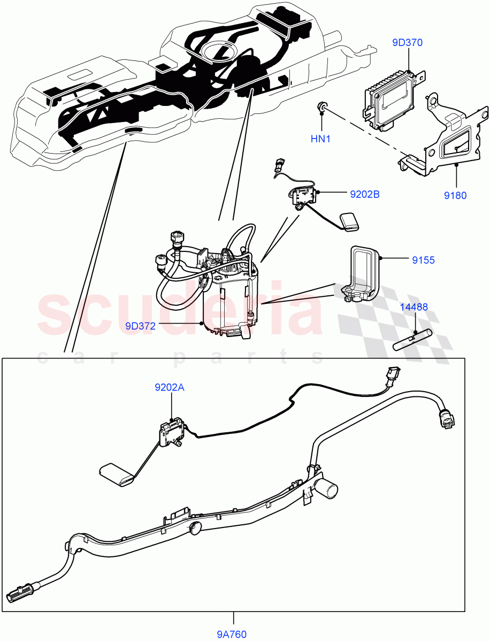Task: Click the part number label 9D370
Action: pyautogui.click(x=407, y=43)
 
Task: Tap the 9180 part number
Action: pyautogui.click(x=456, y=195)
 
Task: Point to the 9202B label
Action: pyautogui.click(x=365, y=195)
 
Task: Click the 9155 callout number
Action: pyautogui.click(x=423, y=261)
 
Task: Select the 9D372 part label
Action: pyautogui.click(x=141, y=325)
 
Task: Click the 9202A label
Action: pyautogui.click(x=170, y=388)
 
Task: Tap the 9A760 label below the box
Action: pyautogui.click(x=232, y=635)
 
